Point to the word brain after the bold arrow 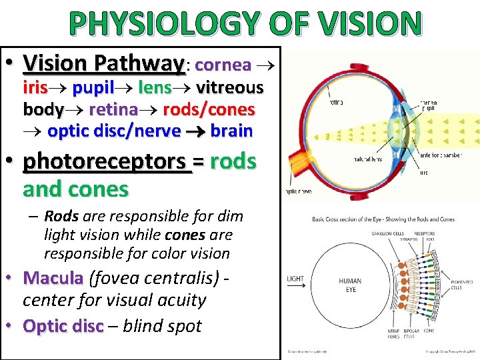click(x=231, y=131)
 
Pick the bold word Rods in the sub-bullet click(x=61, y=216)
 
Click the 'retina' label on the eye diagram click(x=335, y=103)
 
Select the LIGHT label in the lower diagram click(x=296, y=279)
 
